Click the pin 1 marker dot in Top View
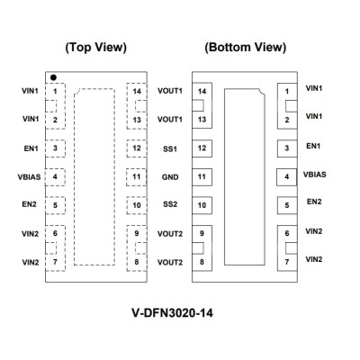(53, 77)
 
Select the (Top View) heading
(96, 48)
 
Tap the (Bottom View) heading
(245, 48)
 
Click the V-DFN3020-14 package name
(173, 313)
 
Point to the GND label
(170, 177)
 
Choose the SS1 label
(170, 148)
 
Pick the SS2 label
(170, 204)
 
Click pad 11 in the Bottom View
(202, 177)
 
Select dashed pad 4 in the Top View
(55, 177)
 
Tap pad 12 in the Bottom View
(202, 148)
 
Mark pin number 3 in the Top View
(55, 148)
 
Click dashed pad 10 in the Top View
(137, 205)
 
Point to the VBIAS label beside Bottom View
(315, 175)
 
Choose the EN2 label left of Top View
(29, 204)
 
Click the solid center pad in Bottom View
(245, 176)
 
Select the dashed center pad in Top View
(74, 176)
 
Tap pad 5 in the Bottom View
(287, 205)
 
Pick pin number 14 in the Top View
(137, 91)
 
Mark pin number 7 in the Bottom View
(287, 262)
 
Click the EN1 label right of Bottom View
(313, 146)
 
